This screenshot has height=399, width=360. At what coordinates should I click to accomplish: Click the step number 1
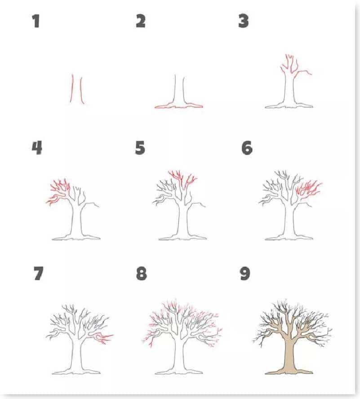pos(36,21)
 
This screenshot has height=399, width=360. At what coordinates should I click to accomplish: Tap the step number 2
pos(141,21)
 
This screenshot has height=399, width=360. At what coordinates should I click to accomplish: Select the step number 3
pos(244,21)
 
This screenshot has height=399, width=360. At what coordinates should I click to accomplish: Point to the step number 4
pos(37,148)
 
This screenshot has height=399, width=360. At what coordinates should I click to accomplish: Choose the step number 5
pos(140,148)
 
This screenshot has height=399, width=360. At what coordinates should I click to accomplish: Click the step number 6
pos(247,148)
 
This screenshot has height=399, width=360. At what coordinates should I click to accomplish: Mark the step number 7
pos(39,274)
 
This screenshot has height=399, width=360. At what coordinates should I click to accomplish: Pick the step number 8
pos(142,274)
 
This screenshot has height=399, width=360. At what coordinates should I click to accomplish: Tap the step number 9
pos(245,274)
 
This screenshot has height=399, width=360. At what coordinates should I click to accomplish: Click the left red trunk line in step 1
pos(72,88)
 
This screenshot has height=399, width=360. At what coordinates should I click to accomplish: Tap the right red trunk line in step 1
pos(81,91)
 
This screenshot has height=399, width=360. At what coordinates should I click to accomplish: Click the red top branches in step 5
pos(182,179)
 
